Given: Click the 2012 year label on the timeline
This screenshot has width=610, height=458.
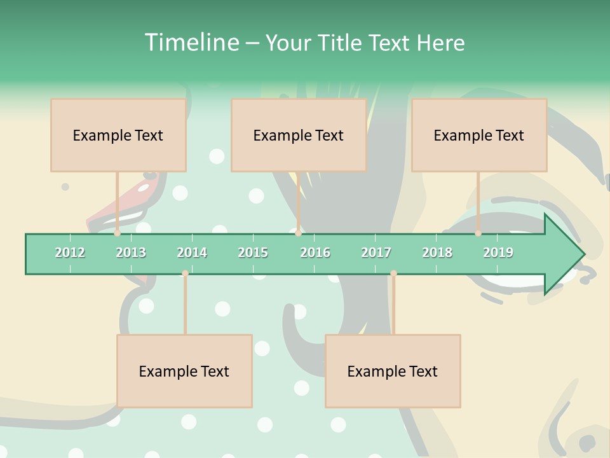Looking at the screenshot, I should tap(70, 253).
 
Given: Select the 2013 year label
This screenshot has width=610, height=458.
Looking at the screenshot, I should tap(131, 253).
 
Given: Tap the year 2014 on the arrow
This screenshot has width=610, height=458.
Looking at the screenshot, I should tap(192, 253).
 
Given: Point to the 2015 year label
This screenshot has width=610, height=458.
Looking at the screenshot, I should tap(253, 253).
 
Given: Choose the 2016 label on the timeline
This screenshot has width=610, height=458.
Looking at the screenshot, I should tap(315, 253).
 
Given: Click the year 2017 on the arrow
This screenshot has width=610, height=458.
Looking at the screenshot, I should tap(376, 253).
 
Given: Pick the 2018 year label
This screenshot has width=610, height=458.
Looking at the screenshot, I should tap(437, 253).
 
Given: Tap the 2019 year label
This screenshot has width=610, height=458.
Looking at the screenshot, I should tap(498, 253).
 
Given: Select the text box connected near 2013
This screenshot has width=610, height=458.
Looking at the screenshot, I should tap(118, 135).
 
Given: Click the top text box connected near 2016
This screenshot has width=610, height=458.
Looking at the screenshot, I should tap(299, 135).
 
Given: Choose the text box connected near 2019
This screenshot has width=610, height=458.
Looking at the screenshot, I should tap(479, 135).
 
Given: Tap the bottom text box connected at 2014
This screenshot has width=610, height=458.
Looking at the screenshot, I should tap(184, 371).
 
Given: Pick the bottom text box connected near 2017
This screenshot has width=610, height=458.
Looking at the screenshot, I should tap(393, 371).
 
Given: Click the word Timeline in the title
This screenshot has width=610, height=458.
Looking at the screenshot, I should tap(191, 43).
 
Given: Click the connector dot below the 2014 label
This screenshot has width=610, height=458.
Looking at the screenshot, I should tap(185, 274).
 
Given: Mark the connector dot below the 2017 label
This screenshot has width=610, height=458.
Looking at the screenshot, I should tap(393, 274).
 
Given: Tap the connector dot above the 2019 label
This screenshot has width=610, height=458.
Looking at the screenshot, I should tap(478, 233).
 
